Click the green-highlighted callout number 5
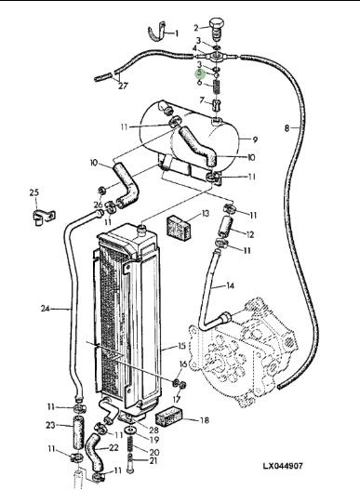201,73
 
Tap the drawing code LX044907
283,466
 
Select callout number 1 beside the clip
176,33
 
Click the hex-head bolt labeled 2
215,29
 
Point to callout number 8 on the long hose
287,128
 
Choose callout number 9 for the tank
255,139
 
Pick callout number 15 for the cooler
181,346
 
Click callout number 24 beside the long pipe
46,309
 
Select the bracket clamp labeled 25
44,218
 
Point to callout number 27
123,86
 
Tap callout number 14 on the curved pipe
230,285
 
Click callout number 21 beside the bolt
153,460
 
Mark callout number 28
154,430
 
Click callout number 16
183,364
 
